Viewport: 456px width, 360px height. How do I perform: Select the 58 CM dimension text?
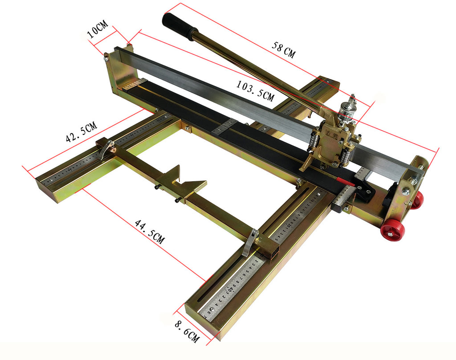[283, 50]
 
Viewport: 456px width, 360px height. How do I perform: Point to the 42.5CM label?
[81, 132]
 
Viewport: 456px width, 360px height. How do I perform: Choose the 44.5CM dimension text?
[150, 231]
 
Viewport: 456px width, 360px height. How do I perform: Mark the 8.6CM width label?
[187, 331]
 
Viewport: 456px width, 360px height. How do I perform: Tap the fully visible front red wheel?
[392, 230]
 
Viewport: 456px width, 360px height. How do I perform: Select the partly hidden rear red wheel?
[417, 200]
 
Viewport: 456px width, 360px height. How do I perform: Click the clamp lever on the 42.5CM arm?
[106, 149]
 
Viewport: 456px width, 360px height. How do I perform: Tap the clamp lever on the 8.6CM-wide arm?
[250, 243]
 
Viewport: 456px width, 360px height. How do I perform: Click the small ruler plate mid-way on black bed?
[224, 127]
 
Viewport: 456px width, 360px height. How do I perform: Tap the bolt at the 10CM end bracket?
[106, 57]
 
